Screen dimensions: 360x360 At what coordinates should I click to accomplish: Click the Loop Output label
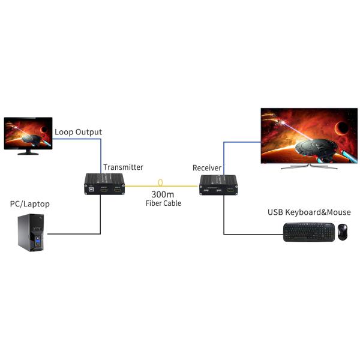point(78,132)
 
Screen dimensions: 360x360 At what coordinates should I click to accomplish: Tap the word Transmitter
point(123,167)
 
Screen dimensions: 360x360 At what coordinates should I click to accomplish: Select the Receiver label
point(207,167)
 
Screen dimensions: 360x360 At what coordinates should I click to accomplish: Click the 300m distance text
point(162,194)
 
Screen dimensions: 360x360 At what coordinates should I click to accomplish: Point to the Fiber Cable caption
point(163,204)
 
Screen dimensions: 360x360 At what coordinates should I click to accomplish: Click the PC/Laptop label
point(30,204)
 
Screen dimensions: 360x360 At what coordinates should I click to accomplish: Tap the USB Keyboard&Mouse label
point(309,212)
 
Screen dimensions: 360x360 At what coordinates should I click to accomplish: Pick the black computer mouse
point(342,232)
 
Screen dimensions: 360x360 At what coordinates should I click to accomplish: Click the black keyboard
point(309,232)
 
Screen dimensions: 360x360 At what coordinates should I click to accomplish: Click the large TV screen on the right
point(308,135)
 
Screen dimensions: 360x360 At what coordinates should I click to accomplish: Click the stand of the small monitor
point(27,152)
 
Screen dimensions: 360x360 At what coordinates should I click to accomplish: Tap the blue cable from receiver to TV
point(224,156)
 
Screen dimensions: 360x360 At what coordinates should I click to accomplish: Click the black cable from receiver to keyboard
point(224,216)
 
